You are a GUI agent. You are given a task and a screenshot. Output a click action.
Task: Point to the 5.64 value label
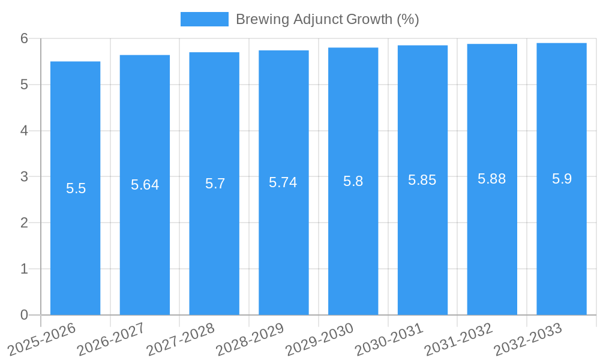(x=145, y=185)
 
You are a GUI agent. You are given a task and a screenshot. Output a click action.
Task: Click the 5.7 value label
(x=215, y=184)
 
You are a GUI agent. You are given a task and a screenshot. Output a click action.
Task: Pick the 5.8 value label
(x=353, y=181)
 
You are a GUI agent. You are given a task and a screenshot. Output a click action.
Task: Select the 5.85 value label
(x=422, y=180)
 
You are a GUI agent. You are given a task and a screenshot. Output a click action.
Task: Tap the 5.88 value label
(x=491, y=179)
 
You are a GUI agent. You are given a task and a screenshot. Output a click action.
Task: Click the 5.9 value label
(x=562, y=179)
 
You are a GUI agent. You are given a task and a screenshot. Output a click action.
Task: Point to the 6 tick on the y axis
(x=24, y=38)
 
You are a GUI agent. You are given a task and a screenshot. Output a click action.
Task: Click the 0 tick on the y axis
(x=24, y=315)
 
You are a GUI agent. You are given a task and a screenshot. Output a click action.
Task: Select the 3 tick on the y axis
(x=24, y=177)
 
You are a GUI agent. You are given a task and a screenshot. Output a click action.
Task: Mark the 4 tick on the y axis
(x=24, y=131)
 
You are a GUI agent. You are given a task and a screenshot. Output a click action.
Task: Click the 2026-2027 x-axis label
(x=112, y=339)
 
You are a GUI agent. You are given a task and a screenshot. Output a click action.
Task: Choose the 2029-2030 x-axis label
(x=320, y=339)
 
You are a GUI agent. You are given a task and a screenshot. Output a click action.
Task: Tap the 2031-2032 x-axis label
(x=459, y=339)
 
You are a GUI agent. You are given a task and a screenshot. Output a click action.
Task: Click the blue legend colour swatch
(x=204, y=19)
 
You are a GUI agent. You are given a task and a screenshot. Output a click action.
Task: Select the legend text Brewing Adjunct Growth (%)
(x=327, y=19)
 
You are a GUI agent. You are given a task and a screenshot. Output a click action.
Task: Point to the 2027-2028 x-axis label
(x=181, y=339)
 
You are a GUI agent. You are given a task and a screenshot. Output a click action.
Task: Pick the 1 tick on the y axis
(x=24, y=269)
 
